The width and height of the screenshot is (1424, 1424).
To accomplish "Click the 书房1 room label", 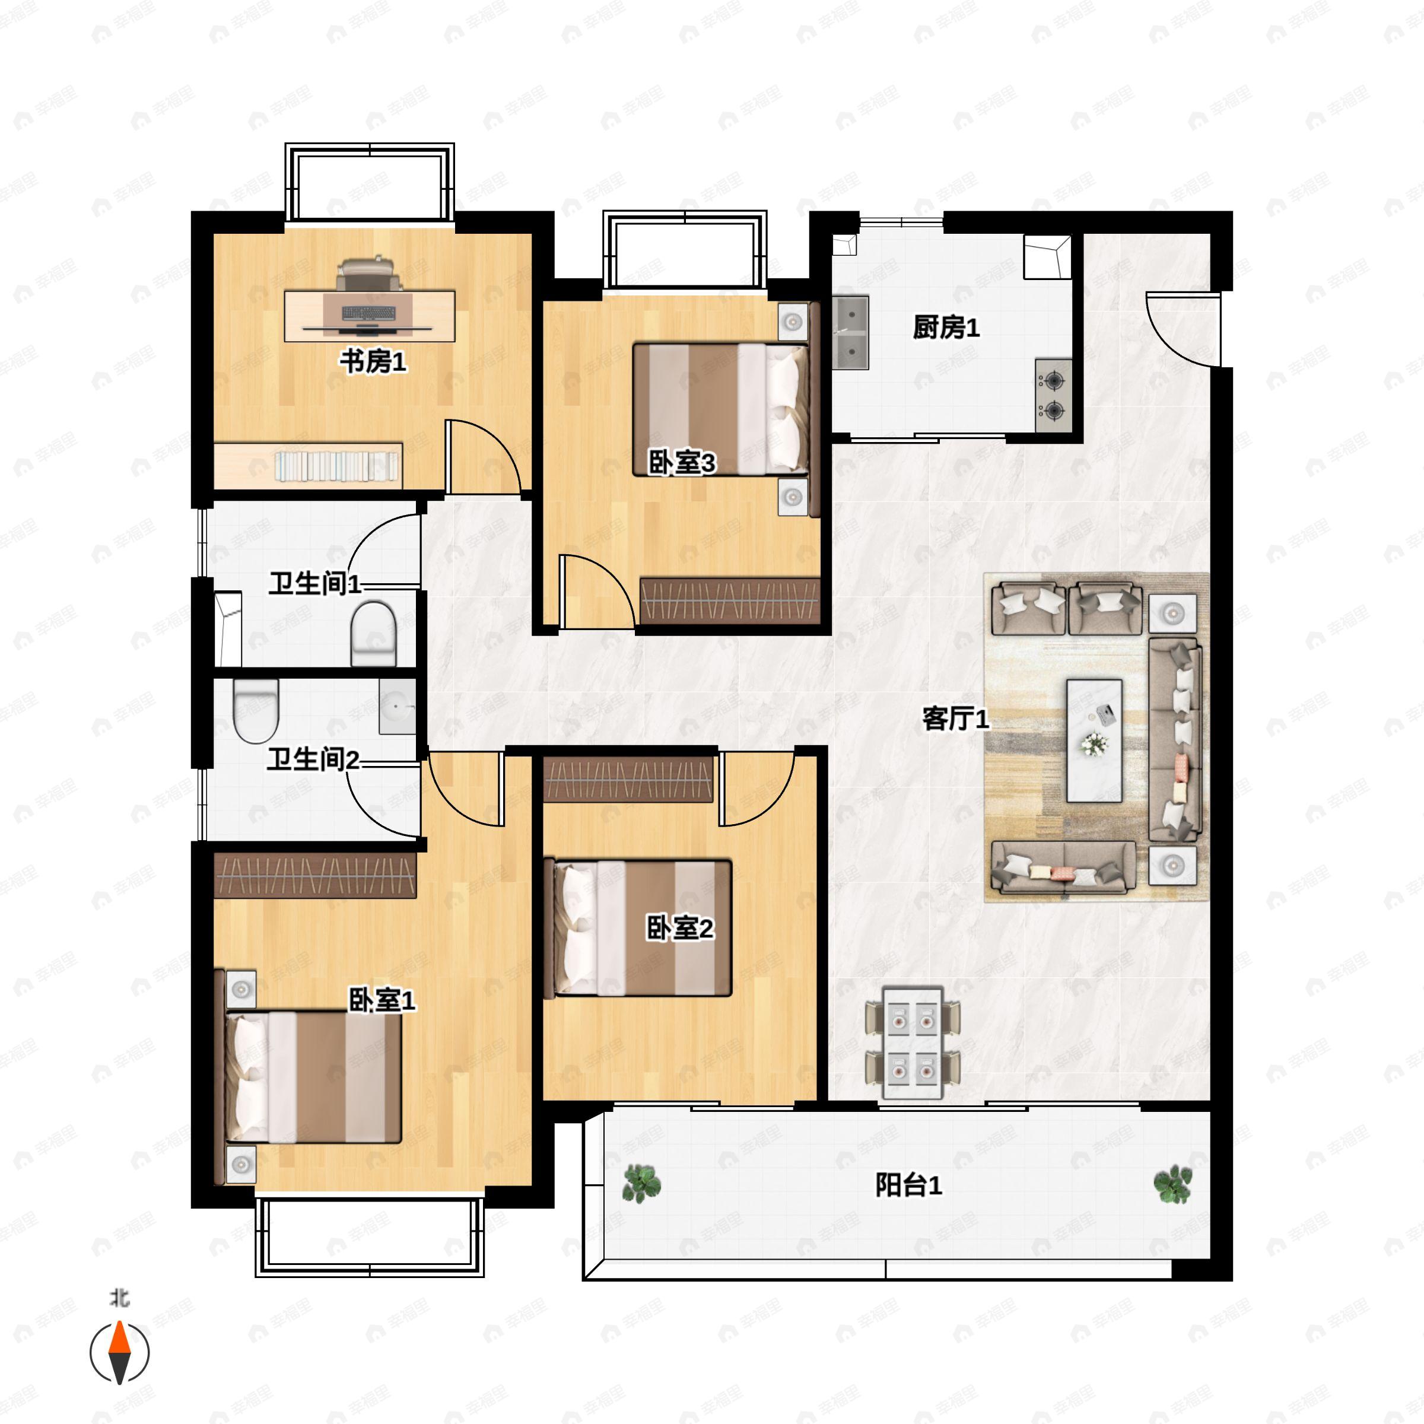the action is point(373,362).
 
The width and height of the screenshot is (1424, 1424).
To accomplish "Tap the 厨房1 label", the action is point(946,328).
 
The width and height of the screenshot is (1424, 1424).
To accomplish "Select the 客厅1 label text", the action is point(956,719).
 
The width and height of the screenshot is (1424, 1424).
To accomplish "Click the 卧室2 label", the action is point(679,928).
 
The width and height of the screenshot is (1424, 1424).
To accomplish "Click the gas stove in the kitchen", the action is point(1053,395).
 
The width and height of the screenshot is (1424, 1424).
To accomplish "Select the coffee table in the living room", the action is point(1095,740).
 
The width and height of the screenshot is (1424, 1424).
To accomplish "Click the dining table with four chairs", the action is point(913,1042).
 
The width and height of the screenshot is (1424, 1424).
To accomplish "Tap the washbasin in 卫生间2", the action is point(398,706).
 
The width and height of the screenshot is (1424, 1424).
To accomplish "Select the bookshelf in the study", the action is point(308,465).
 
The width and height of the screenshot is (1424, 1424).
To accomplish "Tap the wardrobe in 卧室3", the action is point(730,600).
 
